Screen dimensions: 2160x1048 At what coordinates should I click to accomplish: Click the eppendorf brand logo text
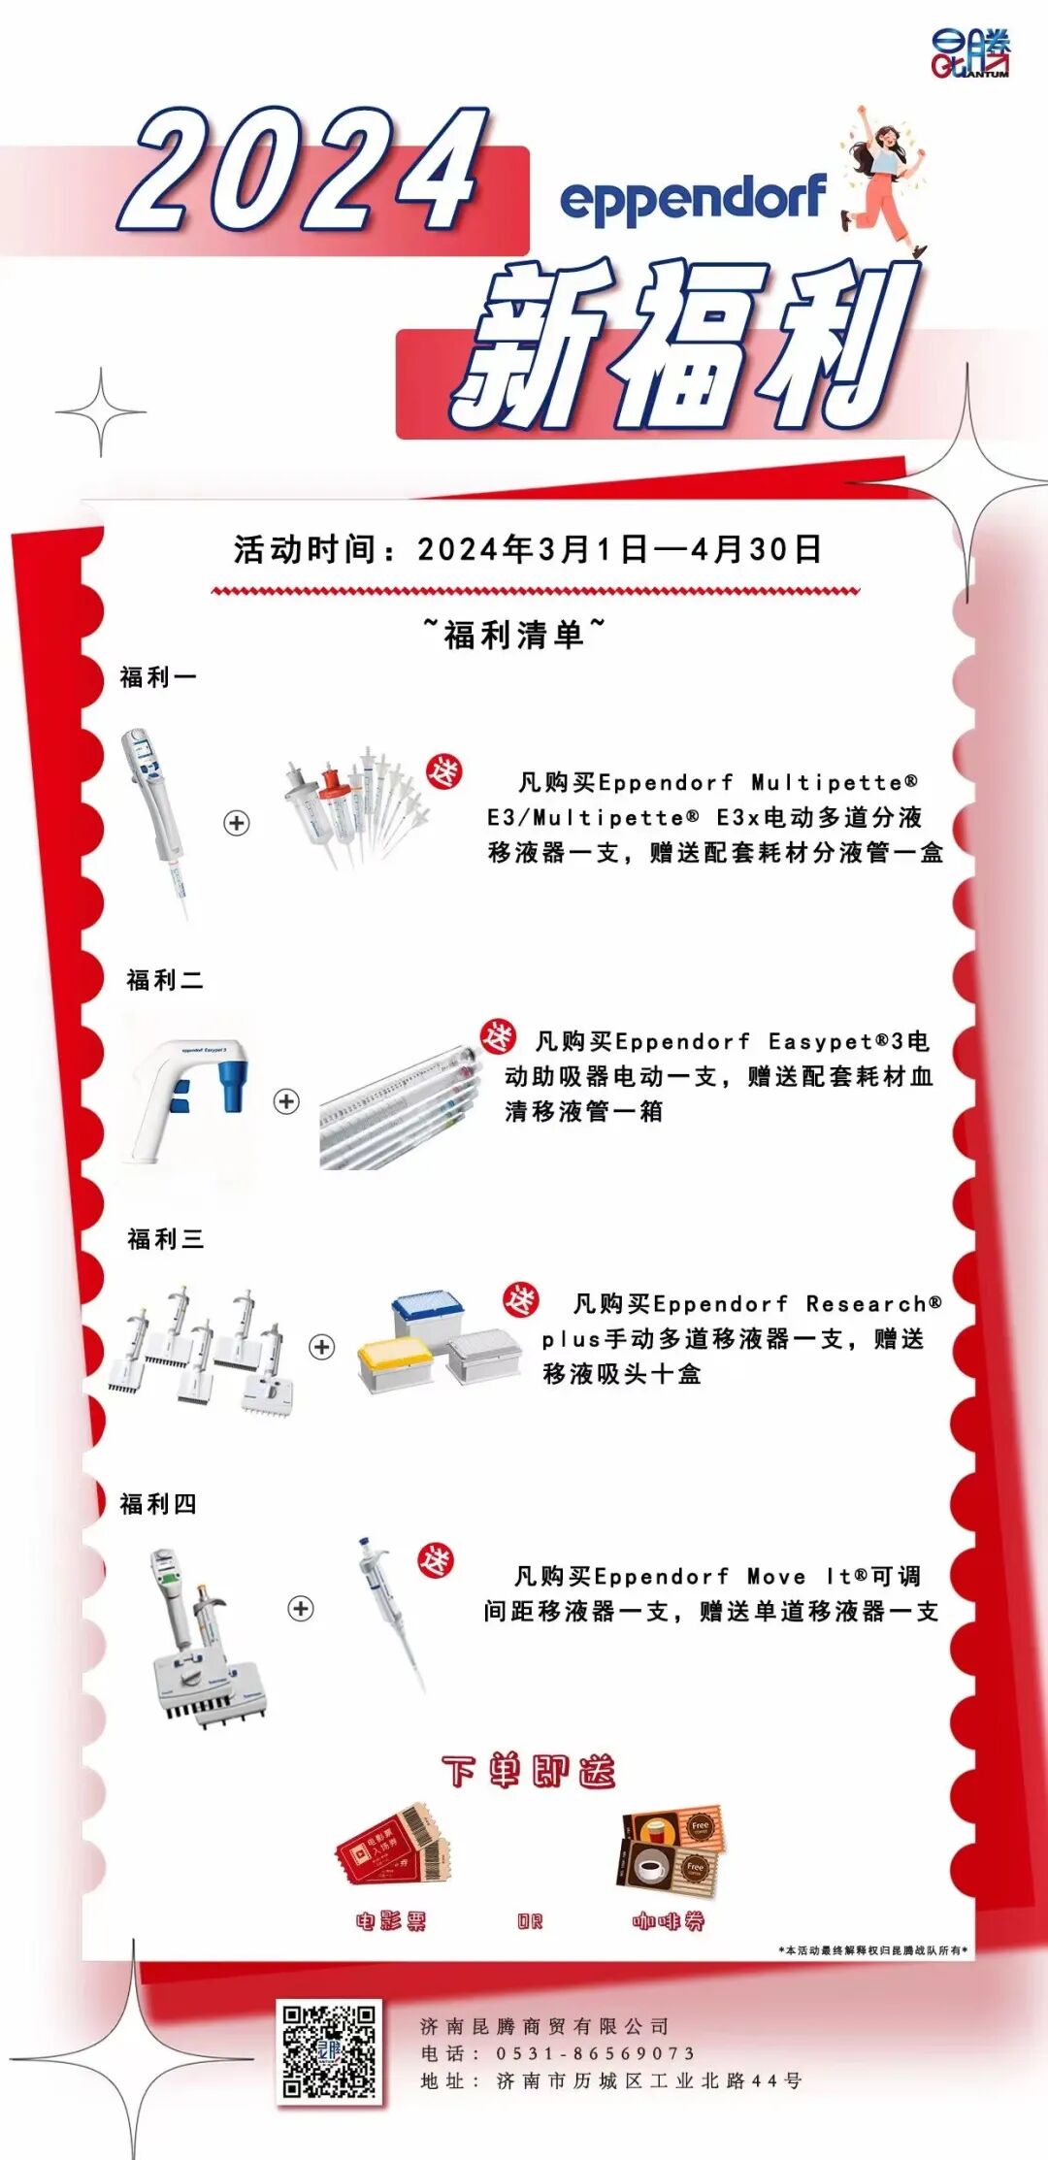point(693,201)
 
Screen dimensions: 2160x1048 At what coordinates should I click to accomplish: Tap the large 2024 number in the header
point(309,173)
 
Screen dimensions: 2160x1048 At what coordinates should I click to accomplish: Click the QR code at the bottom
point(329,2051)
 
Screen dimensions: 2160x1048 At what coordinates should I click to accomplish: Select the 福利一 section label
point(158,677)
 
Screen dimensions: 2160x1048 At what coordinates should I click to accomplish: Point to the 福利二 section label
point(165,980)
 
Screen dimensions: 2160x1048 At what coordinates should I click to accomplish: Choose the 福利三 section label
point(166,1239)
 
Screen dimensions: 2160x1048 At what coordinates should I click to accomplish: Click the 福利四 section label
point(158,1504)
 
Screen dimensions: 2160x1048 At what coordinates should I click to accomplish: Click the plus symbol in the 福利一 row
point(237,823)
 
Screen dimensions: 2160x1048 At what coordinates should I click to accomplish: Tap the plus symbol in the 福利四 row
point(301,1608)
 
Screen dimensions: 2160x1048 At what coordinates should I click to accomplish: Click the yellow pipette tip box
point(396,1363)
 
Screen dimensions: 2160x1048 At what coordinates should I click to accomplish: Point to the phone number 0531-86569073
point(596,2053)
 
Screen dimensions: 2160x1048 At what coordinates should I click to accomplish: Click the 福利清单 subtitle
point(514,635)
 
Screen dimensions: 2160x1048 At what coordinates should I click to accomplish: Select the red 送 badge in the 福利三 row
point(520,1300)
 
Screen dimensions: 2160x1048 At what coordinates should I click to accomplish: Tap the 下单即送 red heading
point(529,1771)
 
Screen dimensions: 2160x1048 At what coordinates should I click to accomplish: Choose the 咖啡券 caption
point(669,1921)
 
